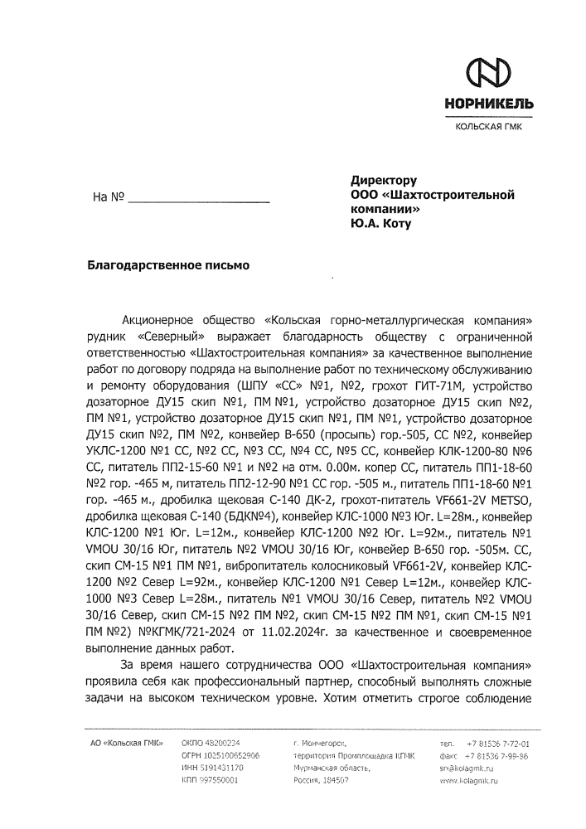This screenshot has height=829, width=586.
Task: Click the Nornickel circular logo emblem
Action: tap(489, 73)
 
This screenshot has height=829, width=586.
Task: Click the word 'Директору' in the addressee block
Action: tap(383, 179)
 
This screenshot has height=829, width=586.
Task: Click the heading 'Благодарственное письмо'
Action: tap(168, 266)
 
